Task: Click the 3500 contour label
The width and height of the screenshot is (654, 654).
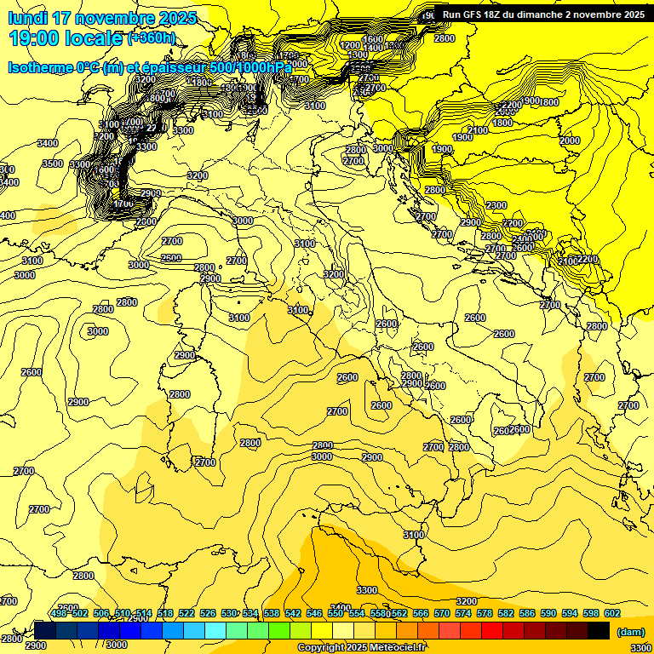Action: pos(53,163)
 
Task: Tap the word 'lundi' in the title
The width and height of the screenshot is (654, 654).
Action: pos(27,18)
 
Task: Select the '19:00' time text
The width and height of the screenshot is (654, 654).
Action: pos(34,38)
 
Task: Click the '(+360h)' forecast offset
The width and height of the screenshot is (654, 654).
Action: pos(151,38)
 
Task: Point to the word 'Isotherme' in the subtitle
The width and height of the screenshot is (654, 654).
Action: pos(42,67)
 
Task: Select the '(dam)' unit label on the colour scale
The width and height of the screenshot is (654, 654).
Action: pos(629,631)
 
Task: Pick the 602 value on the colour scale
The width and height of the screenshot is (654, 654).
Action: pos(612,613)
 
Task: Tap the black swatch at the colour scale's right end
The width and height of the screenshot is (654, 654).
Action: pos(599,630)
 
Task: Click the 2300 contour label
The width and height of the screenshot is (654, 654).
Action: pos(496,205)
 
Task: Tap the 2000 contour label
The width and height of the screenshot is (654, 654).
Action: pos(570,141)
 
